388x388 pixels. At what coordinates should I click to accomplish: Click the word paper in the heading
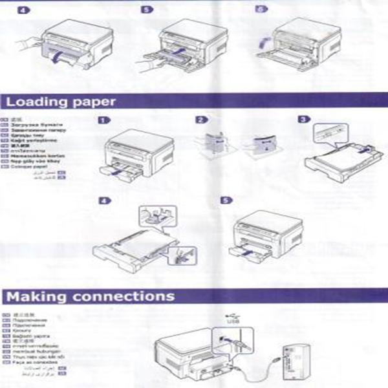point(92,102)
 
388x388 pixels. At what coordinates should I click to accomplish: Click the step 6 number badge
point(261,10)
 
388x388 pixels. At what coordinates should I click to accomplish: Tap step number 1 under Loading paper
point(103,120)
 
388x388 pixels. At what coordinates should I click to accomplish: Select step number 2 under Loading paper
point(201,120)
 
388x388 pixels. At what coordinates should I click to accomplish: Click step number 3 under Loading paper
point(303,120)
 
